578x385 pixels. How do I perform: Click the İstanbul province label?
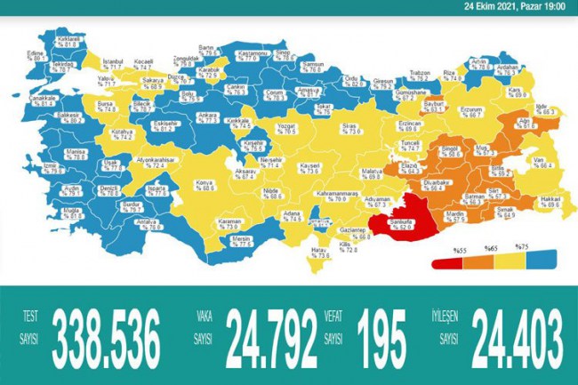[x=113, y=62]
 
